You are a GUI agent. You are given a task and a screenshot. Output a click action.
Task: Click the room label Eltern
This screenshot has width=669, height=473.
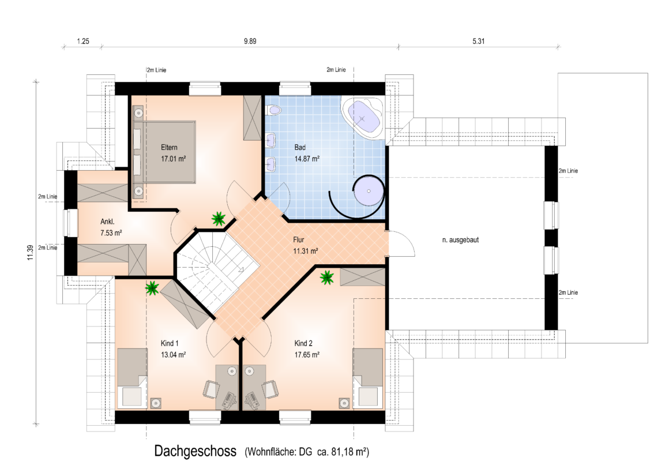[169, 147]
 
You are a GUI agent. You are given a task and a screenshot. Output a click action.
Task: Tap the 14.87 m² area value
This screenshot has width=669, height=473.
[307, 159]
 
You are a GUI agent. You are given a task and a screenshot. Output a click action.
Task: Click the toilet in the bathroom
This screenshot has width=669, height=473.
[273, 110]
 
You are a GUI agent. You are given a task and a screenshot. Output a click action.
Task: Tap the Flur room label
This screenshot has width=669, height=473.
[299, 240]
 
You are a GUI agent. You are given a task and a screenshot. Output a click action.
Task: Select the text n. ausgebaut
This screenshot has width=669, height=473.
[460, 240]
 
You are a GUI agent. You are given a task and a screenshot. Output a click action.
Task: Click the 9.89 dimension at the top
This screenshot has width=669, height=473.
[250, 42]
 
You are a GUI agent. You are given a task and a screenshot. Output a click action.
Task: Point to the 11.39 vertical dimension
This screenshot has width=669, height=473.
[30, 253]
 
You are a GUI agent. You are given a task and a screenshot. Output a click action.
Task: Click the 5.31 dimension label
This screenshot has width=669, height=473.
[478, 42]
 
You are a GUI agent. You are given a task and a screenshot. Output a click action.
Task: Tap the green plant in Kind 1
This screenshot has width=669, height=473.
[152, 288]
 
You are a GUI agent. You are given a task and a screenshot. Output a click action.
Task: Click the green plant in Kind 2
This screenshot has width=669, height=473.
[327, 277]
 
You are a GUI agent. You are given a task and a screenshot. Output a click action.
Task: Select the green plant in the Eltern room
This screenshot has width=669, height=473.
[219, 219]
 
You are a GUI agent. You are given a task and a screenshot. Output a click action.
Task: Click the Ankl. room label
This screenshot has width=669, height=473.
[107, 222]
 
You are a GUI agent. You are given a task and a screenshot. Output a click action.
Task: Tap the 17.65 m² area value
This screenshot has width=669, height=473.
[307, 355]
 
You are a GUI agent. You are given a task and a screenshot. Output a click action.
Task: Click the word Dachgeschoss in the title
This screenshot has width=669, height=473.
[196, 451]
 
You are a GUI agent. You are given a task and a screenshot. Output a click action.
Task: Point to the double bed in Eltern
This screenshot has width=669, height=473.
[165, 152]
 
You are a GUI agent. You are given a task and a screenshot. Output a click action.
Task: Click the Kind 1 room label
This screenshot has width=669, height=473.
[170, 343]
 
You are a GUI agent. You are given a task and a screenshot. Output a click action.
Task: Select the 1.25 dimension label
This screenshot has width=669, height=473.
[83, 42]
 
